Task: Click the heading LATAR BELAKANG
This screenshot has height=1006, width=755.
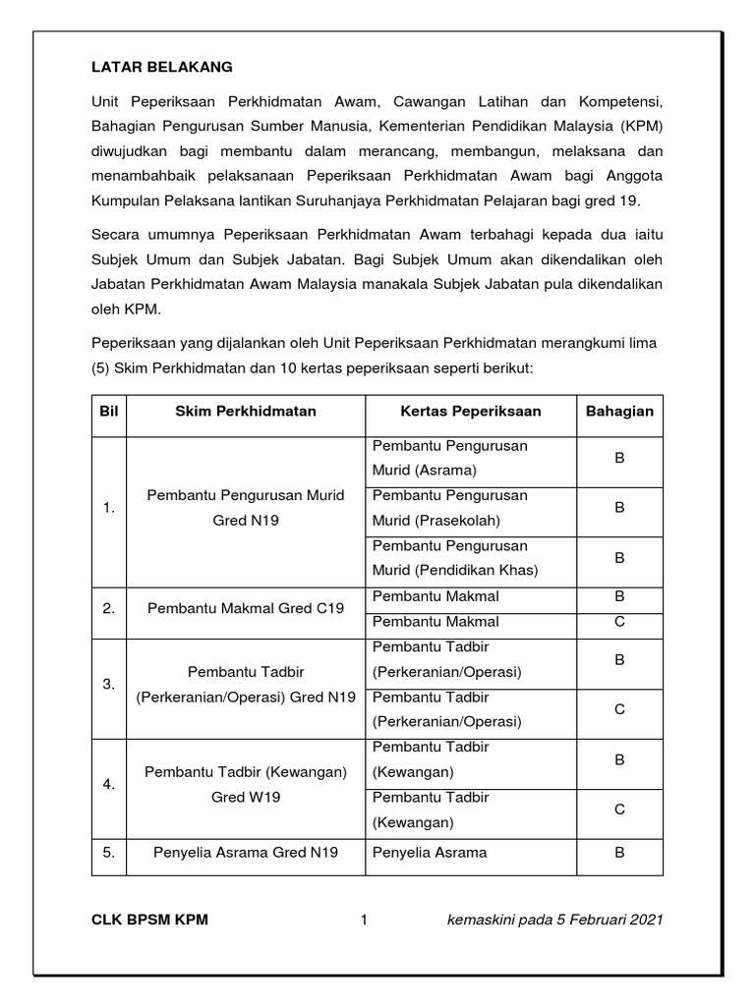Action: tap(162, 67)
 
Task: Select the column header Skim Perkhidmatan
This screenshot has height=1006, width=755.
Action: tap(246, 411)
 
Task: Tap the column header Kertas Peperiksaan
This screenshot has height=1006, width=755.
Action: tap(470, 411)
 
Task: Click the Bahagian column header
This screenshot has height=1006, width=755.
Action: tap(619, 411)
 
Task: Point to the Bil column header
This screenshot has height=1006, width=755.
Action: tap(108, 411)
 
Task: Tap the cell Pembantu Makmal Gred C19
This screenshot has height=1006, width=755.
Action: tap(246, 609)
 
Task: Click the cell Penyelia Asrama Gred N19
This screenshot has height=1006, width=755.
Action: tap(246, 853)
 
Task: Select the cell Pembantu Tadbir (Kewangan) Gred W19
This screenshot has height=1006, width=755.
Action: tap(246, 784)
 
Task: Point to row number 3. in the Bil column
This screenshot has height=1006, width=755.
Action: tap(108, 684)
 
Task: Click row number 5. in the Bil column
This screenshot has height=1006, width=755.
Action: tap(108, 853)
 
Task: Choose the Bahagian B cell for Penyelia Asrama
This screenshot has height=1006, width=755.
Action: tap(619, 853)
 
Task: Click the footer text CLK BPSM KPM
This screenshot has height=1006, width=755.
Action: tap(149, 920)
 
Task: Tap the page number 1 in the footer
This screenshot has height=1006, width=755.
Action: tap(363, 920)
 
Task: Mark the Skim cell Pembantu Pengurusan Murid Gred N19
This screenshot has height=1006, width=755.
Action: tap(246, 508)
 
